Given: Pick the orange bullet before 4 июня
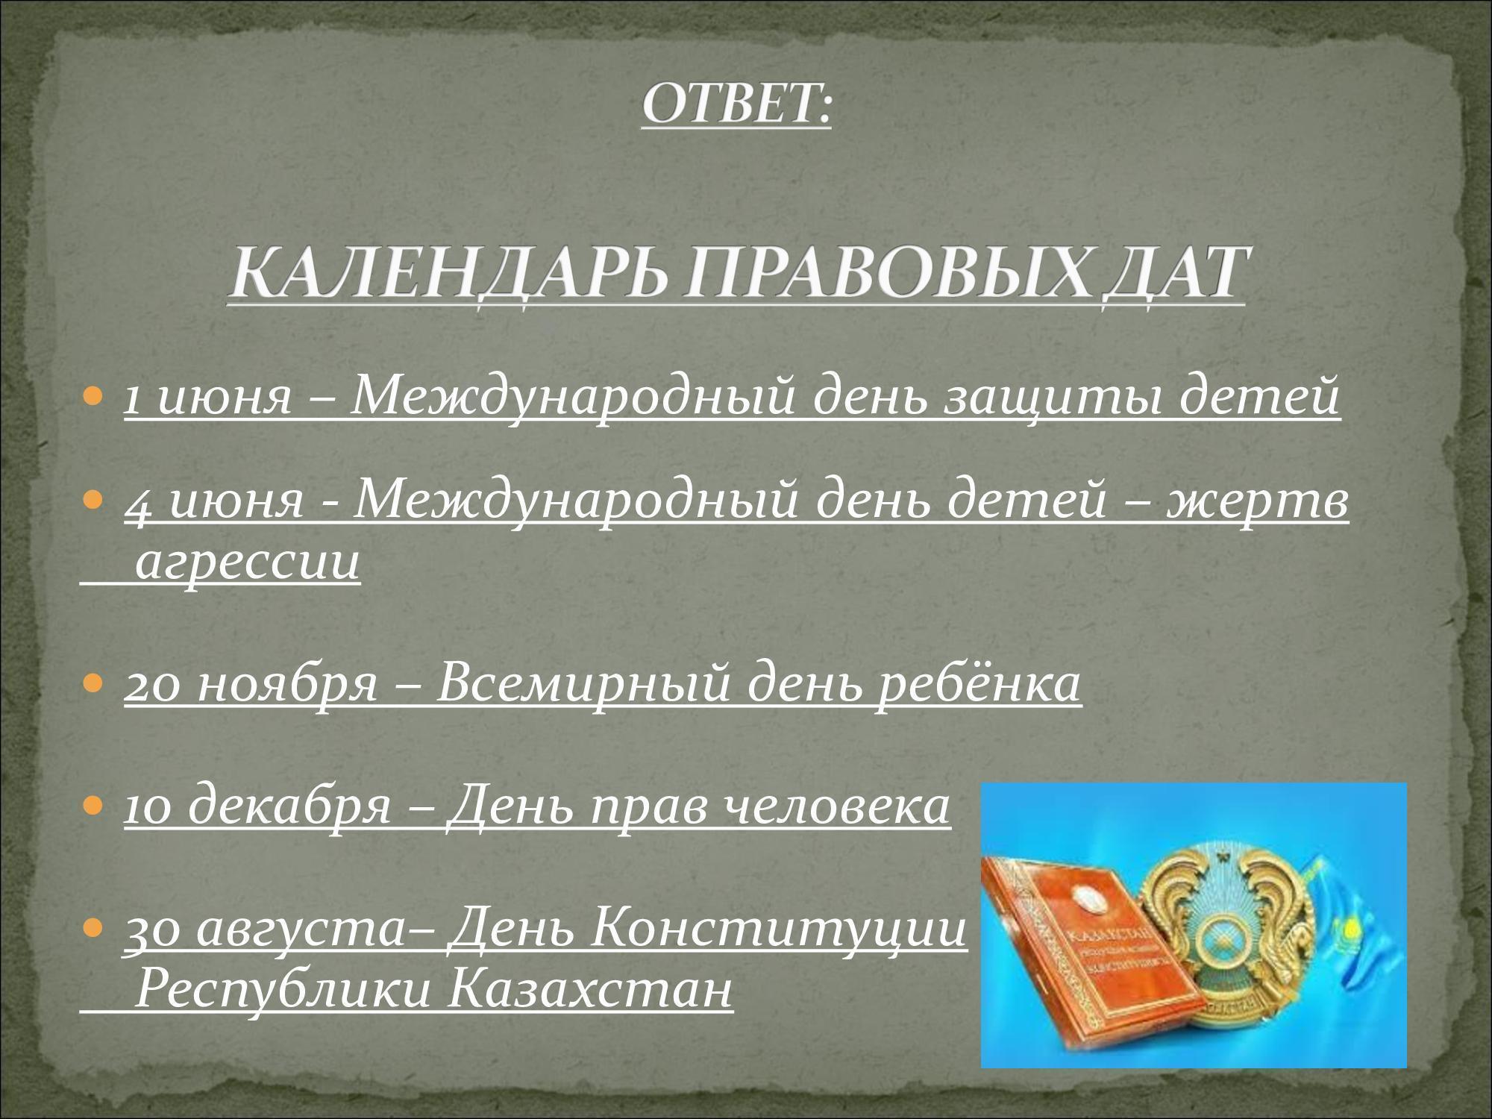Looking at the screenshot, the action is click(94, 499).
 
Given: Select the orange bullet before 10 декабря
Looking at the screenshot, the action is click(94, 806).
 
